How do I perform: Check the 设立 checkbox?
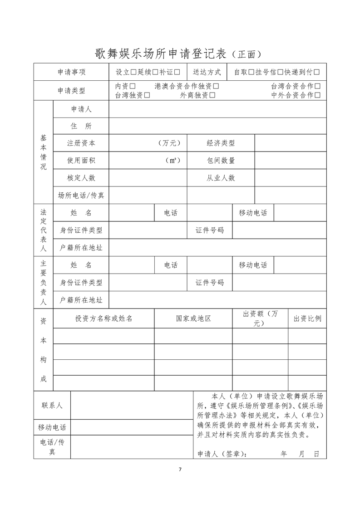coord(133,72)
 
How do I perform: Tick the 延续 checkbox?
coord(155,72)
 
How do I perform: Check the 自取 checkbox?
coord(251,72)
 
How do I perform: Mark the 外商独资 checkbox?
coord(212,95)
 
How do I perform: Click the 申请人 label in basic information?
coord(81,109)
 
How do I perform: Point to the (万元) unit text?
coord(170,143)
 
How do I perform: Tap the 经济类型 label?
coord(221,143)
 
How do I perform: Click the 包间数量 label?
coord(221,160)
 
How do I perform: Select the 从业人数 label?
coord(221,178)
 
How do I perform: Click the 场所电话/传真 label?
coord(81,195)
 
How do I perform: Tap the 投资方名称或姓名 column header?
coord(104,318)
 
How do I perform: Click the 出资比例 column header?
coord(307,318)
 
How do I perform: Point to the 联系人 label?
coord(52,405)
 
